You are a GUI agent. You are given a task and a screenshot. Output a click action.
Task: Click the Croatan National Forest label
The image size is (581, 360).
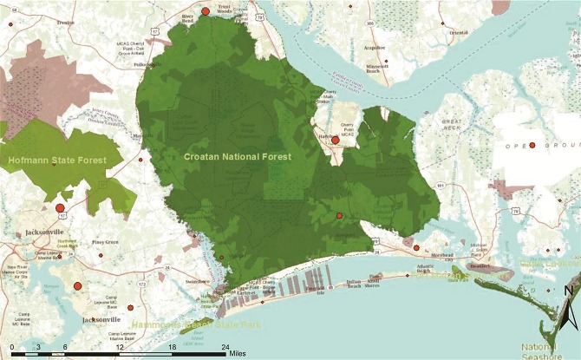tap(237, 156)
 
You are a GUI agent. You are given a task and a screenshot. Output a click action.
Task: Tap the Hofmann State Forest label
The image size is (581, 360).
tap(58, 160)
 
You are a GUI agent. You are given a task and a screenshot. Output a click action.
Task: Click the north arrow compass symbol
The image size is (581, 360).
tap(568, 307)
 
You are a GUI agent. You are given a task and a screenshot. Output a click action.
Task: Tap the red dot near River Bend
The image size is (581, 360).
tap(206, 11)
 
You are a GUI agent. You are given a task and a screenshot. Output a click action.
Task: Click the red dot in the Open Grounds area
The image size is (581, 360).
tap(532, 145)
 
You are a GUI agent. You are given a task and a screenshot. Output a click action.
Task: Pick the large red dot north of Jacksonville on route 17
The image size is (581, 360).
tap(60, 208)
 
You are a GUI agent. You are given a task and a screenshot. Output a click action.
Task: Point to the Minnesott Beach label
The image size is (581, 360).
tap(378, 69)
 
